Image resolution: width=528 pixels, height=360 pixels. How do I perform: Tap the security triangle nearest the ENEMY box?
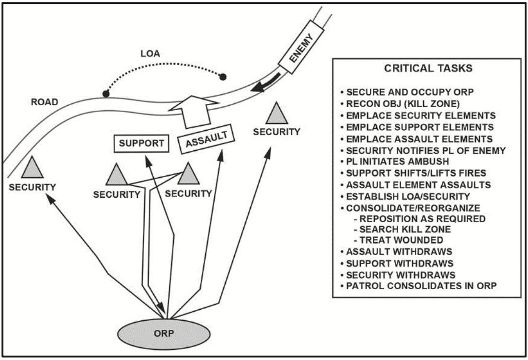(277, 114)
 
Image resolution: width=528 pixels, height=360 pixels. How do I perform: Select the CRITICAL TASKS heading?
(428, 69)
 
